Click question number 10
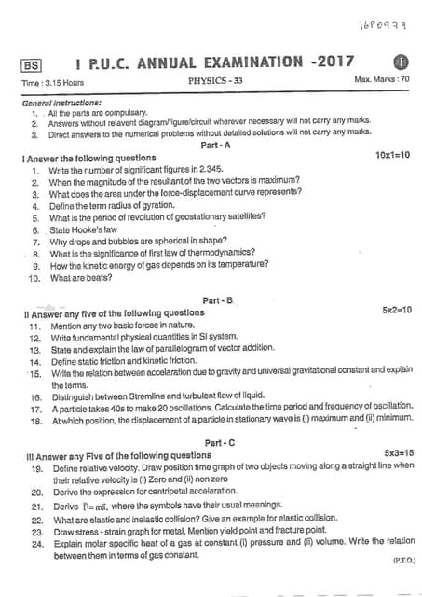tap(34, 278)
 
